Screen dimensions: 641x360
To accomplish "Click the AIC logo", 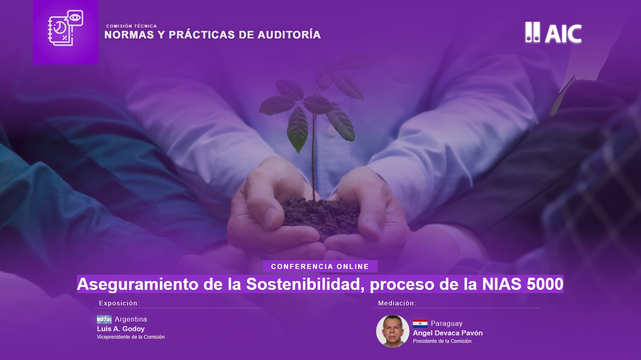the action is tap(553, 33).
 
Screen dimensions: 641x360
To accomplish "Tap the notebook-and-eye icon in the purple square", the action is tap(65, 28).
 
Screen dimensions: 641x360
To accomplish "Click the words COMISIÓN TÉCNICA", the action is tap(131, 26).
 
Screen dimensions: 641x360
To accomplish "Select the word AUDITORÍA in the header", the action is tap(289, 35).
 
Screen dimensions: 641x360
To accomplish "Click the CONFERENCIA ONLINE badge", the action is tap(320, 266).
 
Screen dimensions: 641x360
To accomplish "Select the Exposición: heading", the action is tap(120, 303).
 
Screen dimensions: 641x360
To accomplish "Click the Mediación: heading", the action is tap(397, 303).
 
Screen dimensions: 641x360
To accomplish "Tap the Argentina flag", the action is tap(104, 319).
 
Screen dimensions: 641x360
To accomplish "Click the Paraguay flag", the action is tap(420, 324).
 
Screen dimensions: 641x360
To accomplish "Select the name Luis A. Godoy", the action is tap(121, 329).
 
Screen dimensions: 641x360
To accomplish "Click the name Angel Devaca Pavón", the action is tap(448, 333).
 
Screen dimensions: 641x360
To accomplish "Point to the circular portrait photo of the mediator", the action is tap(393, 331).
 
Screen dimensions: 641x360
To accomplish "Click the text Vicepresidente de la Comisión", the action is tap(131, 337).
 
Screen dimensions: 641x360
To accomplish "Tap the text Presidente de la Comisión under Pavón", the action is tap(442, 341).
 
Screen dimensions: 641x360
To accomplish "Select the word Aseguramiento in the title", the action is tap(137, 284).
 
